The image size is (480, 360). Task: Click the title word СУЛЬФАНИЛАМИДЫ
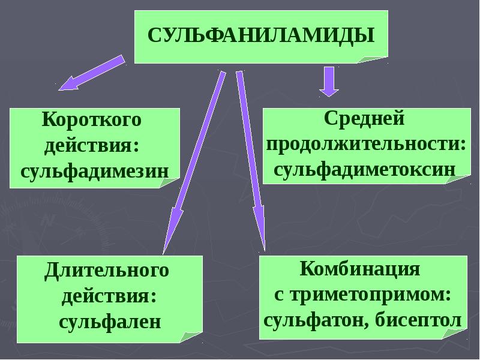(x=261, y=35)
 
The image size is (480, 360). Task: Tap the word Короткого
(x=92, y=119)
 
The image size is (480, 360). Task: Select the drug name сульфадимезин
(x=95, y=172)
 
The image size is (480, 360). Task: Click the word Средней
(x=364, y=118)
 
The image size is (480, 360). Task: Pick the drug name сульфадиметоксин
(x=365, y=170)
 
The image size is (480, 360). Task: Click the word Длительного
(x=107, y=271)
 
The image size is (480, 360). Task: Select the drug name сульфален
(x=110, y=322)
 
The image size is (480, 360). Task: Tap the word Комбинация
(x=360, y=269)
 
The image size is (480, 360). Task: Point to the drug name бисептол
(x=418, y=320)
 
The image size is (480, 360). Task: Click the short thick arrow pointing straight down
(x=329, y=82)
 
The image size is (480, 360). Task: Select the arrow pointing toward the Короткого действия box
(x=92, y=73)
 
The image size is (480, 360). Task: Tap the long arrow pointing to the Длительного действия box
(x=194, y=163)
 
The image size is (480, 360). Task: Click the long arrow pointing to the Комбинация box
(x=250, y=161)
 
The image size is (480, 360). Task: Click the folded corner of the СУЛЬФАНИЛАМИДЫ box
(x=373, y=59)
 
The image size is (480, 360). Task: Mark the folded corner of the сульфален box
(x=191, y=337)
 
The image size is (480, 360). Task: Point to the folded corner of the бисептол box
(x=455, y=334)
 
